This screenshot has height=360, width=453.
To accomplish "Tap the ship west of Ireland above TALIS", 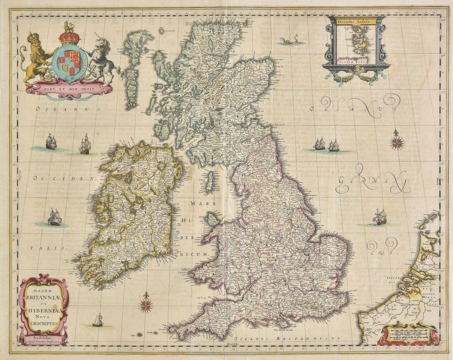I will [55, 217].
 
